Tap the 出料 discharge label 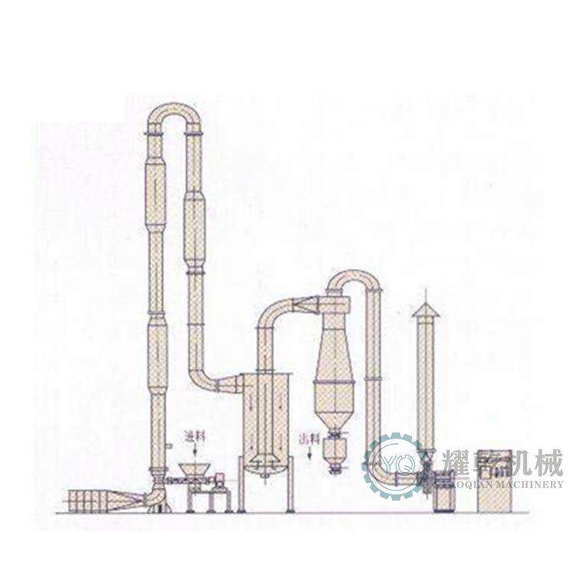(x=307, y=439)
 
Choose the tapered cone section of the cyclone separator (x=332, y=390)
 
